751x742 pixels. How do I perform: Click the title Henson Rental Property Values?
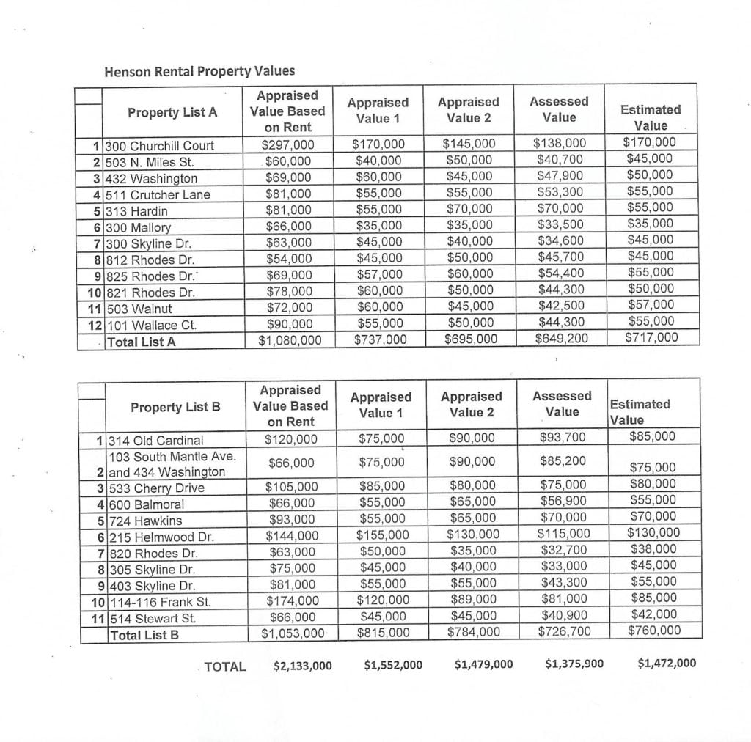(x=199, y=71)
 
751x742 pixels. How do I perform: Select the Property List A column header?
(x=172, y=112)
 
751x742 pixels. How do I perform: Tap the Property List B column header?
(x=175, y=407)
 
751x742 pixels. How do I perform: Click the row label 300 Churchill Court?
(x=161, y=145)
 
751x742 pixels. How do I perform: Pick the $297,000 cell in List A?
(x=287, y=144)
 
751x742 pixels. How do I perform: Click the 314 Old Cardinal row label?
(x=155, y=441)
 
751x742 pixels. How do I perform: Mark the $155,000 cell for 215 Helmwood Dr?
(x=380, y=535)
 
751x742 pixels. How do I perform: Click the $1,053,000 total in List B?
(x=293, y=633)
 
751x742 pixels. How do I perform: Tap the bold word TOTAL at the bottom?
(x=225, y=666)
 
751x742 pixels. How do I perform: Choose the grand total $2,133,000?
(x=302, y=666)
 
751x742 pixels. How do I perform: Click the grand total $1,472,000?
(x=667, y=664)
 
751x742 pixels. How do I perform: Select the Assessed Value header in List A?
(x=559, y=109)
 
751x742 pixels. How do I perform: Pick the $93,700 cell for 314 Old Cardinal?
(x=563, y=438)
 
